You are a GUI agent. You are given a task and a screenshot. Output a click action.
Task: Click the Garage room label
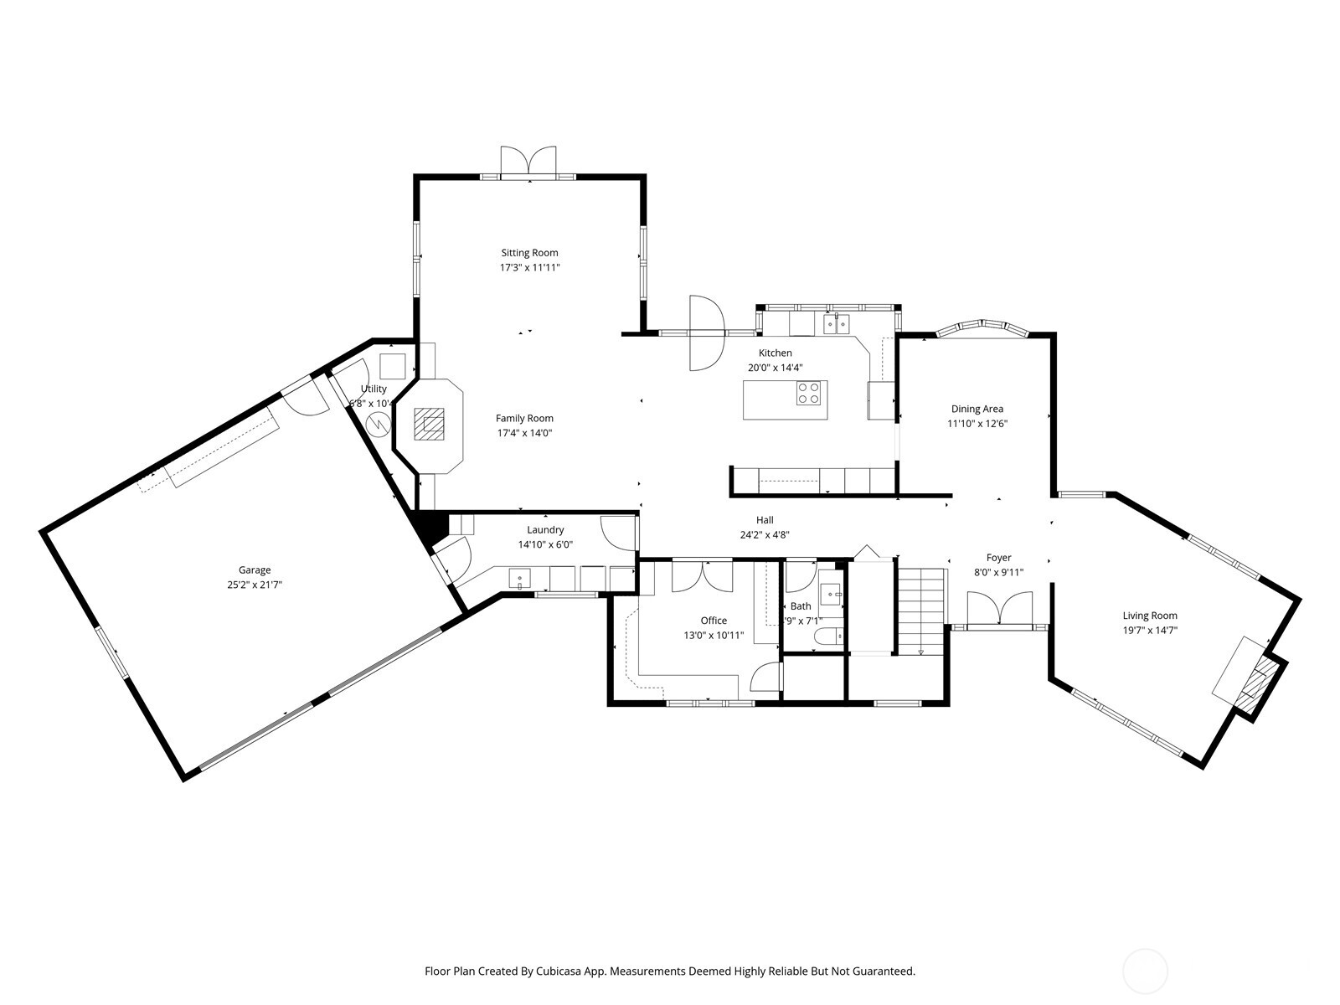point(254,570)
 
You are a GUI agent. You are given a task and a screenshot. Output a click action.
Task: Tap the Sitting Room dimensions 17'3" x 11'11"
point(529,268)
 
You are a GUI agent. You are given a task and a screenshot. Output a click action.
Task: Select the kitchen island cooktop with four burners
point(809,393)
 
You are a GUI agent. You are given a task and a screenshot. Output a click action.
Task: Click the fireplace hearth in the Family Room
point(432,425)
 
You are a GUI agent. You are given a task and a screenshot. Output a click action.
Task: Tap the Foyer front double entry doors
point(999,608)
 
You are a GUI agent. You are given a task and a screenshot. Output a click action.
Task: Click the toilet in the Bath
point(827,636)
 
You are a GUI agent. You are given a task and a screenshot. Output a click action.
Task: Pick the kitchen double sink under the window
point(836,323)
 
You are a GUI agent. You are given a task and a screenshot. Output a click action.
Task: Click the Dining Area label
point(977,410)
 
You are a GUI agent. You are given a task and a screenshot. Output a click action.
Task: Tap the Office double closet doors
point(703,576)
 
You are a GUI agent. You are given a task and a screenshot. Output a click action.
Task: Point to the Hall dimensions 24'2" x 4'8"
point(765,535)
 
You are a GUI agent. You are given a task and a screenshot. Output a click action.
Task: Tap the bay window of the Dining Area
point(981,327)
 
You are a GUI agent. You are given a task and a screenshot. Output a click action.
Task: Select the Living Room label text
point(1150,616)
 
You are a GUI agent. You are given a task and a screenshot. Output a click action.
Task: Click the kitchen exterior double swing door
point(706,332)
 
